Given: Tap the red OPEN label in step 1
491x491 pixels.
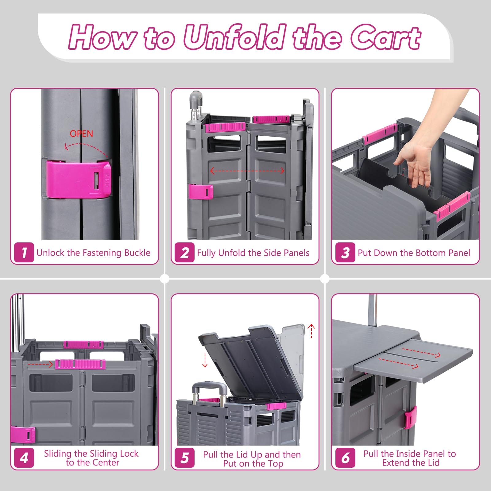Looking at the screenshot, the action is (x=81, y=133).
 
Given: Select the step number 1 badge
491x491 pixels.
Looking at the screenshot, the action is (x=24, y=253).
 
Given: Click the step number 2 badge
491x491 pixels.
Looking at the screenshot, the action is (x=184, y=253).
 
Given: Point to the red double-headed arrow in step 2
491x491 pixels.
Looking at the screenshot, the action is (x=247, y=171).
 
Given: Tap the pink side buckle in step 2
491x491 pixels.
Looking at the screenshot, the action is (x=201, y=192).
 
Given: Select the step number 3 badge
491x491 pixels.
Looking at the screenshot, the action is (x=345, y=253).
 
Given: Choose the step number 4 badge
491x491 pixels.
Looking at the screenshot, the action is (x=24, y=458).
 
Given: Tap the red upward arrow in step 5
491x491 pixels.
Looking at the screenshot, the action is (x=311, y=331).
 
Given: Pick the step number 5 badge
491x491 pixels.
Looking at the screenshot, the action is (x=184, y=458).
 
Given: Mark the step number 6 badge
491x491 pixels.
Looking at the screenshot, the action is (x=345, y=458).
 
